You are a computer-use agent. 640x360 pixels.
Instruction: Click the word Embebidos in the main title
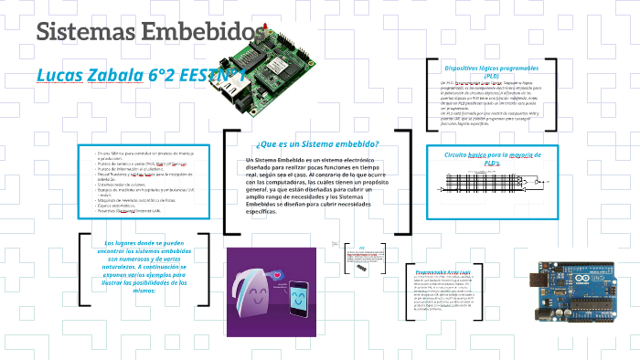click(x=196, y=32)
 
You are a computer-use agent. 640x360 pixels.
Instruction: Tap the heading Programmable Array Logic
click(x=443, y=272)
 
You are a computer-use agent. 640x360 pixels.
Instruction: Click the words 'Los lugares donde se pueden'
click(x=144, y=243)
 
